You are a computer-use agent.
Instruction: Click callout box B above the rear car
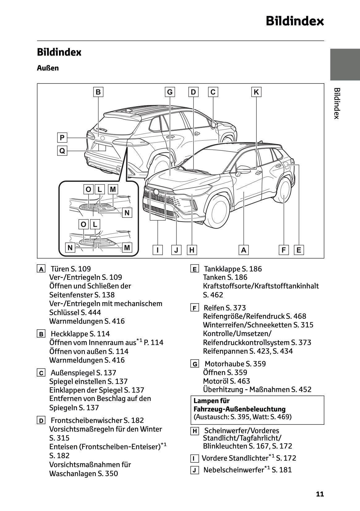pyautogui.click(x=98, y=92)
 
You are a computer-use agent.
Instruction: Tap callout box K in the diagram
pyautogui.click(x=256, y=92)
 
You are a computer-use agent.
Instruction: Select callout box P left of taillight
pyautogui.click(x=62, y=137)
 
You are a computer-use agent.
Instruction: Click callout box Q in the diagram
pyautogui.click(x=62, y=151)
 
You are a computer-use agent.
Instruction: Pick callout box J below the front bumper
pyautogui.click(x=176, y=250)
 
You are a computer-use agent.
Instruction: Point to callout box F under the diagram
pyautogui.click(x=283, y=250)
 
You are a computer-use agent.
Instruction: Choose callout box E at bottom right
pyautogui.click(x=299, y=250)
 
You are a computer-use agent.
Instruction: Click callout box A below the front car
pyautogui.click(x=244, y=250)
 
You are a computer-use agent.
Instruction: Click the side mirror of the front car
pyautogui.click(x=243, y=169)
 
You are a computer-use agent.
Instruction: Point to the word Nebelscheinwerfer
pyautogui.click(x=233, y=470)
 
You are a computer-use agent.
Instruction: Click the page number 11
pyautogui.click(x=320, y=494)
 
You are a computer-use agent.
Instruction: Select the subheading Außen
pyautogui.click(x=48, y=68)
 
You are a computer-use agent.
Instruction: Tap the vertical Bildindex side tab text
pyautogui.click(x=337, y=103)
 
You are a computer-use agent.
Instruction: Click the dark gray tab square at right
pyautogui.click(x=345, y=64)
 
